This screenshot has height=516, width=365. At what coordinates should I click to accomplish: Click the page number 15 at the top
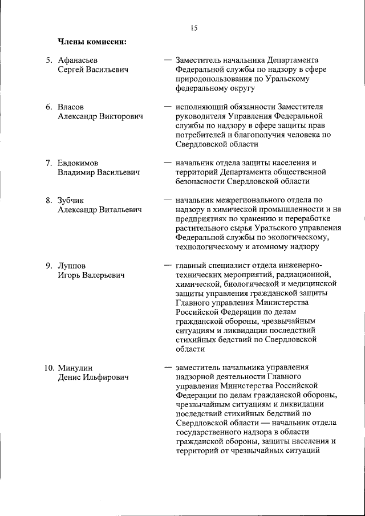[194, 27]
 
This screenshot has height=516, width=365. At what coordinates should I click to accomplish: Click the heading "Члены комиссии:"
[92, 41]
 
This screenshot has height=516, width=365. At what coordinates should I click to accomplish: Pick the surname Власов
[71, 107]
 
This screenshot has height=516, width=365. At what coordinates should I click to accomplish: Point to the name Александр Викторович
[100, 116]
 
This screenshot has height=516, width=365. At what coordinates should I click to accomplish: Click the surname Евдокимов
[82, 163]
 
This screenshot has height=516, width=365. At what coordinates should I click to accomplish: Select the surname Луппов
[72, 265]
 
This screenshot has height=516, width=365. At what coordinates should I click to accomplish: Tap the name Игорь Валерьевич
[91, 275]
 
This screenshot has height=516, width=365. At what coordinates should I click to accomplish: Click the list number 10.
[49, 368]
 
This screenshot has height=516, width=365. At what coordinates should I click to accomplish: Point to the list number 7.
[49, 163]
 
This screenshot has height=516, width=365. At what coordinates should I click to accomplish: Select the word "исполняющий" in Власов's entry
[200, 107]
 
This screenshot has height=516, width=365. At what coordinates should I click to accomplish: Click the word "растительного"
[201, 228]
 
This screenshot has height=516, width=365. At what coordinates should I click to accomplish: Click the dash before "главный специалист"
[168, 265]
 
